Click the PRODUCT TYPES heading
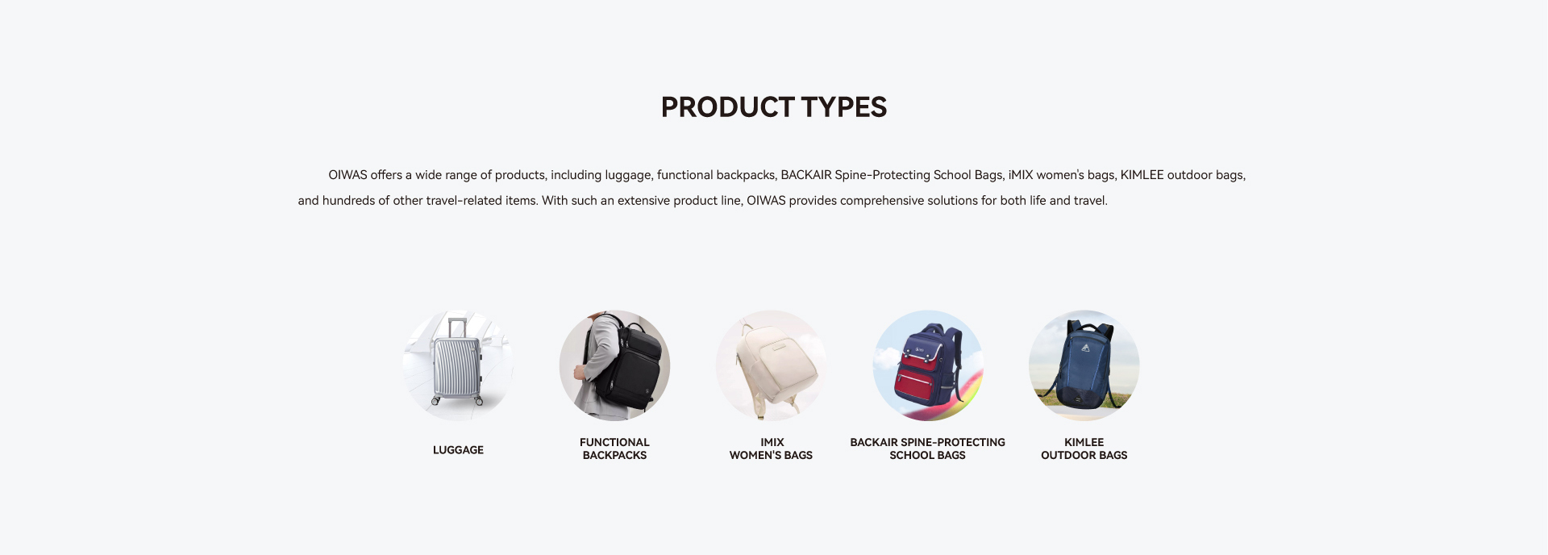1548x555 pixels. [x=774, y=107]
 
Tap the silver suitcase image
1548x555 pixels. [x=458, y=365]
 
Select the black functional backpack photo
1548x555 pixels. [x=614, y=365]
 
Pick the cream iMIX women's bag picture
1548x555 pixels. [x=772, y=365]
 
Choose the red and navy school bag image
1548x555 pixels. [x=928, y=365]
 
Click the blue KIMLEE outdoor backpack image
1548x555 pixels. [x=1084, y=365]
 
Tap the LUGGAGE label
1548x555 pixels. [x=458, y=450]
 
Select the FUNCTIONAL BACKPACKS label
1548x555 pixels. [x=614, y=449]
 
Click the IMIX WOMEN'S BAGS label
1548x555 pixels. [x=772, y=449]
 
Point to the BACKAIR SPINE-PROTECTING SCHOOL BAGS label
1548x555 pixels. [x=928, y=449]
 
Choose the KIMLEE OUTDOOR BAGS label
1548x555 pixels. [x=1084, y=449]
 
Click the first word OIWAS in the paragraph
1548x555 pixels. [x=347, y=175]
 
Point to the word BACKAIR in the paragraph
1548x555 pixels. [x=806, y=175]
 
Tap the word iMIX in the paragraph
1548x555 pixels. [x=1021, y=175]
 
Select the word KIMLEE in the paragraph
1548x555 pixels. [x=1142, y=175]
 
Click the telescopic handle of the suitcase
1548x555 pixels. [x=457, y=327]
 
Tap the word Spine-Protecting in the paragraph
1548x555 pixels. [x=883, y=175]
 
